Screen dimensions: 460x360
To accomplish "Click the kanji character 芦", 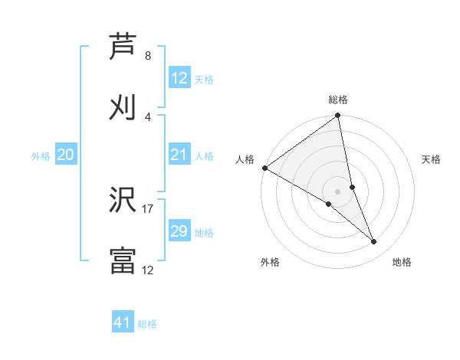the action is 123,47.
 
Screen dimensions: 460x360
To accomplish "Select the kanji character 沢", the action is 123,200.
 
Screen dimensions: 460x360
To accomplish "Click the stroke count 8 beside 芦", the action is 148,56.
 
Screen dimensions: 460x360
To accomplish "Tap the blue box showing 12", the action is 179,78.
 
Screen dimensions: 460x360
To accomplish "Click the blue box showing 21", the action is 179,155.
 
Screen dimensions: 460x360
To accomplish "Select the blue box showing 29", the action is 179,231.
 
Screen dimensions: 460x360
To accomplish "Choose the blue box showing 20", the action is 66,155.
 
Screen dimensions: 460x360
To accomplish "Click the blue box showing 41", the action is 123,322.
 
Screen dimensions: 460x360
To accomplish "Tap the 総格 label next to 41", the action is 147,324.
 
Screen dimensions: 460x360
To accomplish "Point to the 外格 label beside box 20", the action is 41,156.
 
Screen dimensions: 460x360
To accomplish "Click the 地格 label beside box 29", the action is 204,233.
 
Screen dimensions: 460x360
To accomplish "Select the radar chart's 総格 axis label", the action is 338,100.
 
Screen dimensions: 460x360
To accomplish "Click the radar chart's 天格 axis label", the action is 432,159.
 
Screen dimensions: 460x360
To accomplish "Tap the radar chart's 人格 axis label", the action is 245,159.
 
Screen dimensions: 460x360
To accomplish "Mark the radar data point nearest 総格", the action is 338,116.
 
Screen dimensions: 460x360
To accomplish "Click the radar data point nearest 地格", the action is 374,241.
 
